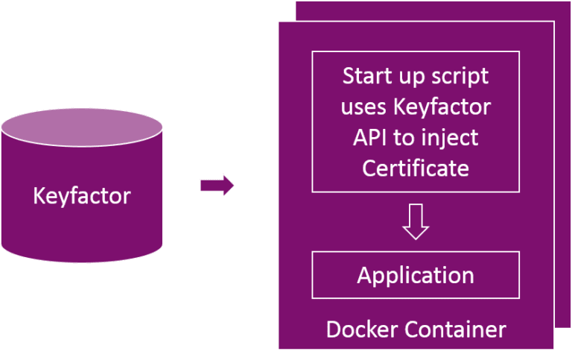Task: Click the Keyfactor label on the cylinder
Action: [82, 197]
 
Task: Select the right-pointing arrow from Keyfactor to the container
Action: [217, 186]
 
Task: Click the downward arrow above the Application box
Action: [416, 221]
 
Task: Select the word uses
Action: [364, 107]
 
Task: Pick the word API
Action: [372, 137]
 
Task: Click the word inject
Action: [453, 137]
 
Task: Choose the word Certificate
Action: [416, 168]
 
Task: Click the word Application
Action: [416, 275]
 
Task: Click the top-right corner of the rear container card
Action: [570, 1]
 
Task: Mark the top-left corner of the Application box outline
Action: [312, 252]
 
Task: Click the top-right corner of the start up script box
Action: [519, 51]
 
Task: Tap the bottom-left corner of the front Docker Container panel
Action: [279, 349]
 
